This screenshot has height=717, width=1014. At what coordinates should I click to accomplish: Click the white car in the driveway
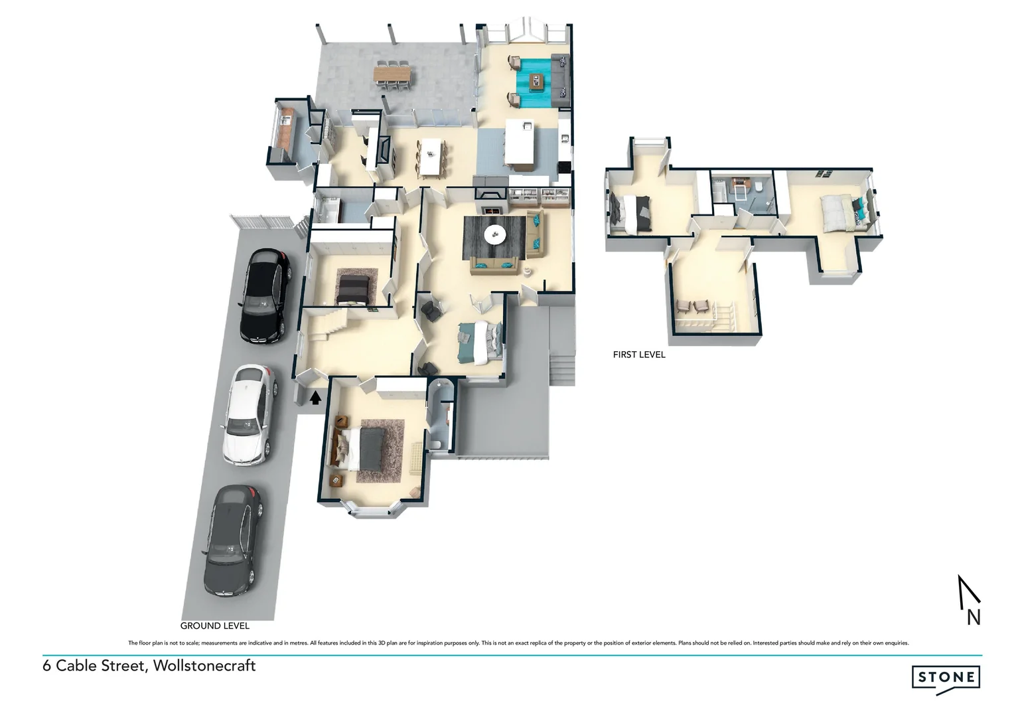point(247,415)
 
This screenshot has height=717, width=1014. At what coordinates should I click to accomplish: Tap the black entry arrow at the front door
point(316,397)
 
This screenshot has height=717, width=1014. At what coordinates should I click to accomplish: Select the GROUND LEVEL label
point(215,625)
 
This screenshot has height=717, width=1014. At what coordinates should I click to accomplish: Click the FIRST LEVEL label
point(639,355)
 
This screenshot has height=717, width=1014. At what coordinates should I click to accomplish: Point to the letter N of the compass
point(973,617)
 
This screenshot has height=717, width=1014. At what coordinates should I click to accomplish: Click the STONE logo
point(947,678)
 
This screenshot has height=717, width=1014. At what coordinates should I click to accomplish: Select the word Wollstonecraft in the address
point(204,665)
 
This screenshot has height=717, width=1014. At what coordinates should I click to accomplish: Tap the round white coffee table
point(495,234)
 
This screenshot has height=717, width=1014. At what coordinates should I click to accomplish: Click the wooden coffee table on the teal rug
point(536,82)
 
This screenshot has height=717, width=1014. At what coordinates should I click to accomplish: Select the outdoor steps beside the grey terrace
point(562,365)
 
